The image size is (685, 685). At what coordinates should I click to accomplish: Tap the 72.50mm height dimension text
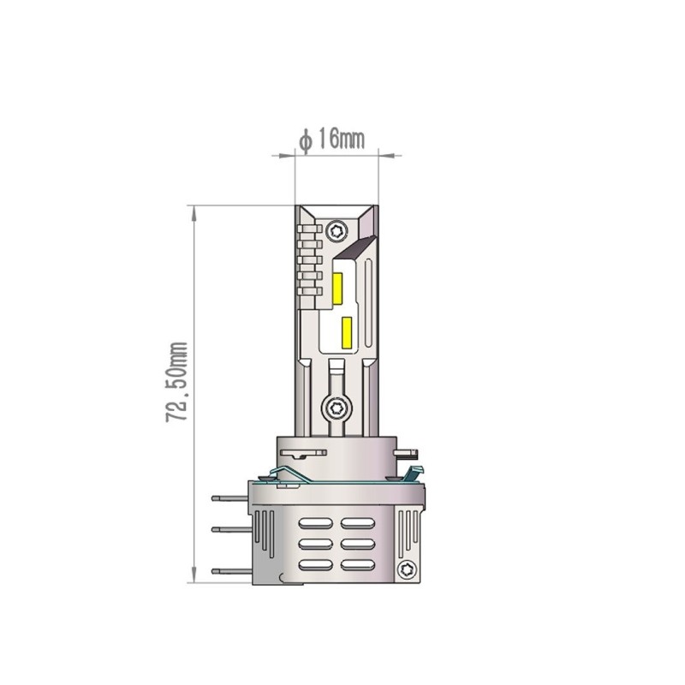(178, 382)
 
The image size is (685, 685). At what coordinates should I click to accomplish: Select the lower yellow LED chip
(348, 331)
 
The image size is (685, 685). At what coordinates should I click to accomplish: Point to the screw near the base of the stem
(337, 408)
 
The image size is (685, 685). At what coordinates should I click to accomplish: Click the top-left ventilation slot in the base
(315, 522)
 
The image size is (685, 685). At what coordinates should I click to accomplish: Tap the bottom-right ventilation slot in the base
(357, 564)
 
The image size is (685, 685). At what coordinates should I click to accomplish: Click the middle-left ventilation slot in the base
(315, 544)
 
